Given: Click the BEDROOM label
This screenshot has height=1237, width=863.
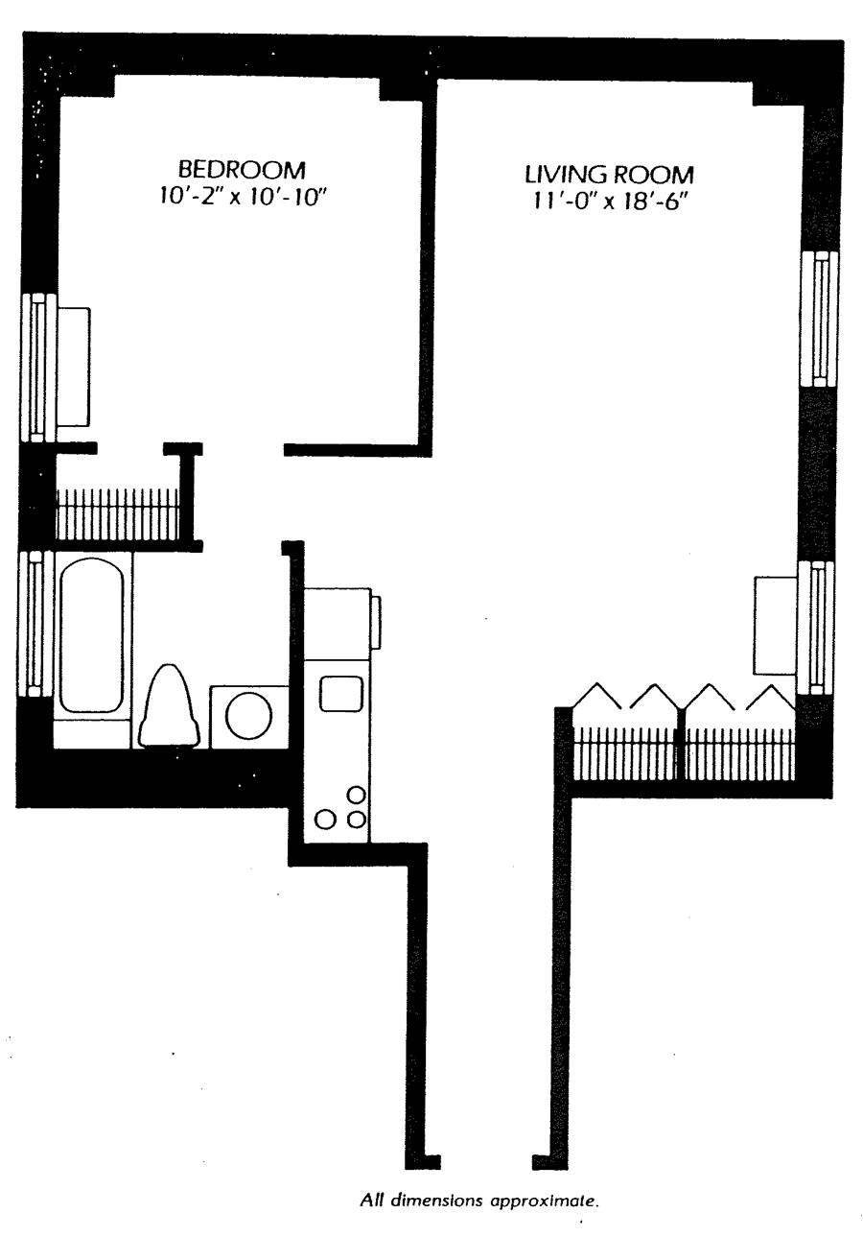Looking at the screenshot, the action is coord(242,170).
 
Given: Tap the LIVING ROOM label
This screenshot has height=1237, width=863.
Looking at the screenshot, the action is coord(608,175).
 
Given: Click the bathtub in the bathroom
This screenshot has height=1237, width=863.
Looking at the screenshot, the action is coord(91,636).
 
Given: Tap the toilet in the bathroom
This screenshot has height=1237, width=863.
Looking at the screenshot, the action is coord(170,706).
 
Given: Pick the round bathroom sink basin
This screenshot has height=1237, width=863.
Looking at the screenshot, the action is coord(248,713).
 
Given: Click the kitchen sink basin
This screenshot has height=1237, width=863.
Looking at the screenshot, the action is coord(340,693).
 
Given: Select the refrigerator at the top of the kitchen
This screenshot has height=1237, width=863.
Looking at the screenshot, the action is coord(338,623).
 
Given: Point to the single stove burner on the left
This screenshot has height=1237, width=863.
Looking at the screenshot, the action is coord(326,819).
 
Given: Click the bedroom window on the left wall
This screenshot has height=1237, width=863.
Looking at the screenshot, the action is coord(36,368).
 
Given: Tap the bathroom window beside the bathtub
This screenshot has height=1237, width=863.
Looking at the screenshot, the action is coord(35,623).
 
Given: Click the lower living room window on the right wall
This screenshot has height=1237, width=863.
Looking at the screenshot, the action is coord(817,627).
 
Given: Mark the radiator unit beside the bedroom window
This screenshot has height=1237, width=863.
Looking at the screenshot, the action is coord(74,367).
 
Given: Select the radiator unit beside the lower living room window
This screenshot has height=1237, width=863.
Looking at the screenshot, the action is coord(775,626).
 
